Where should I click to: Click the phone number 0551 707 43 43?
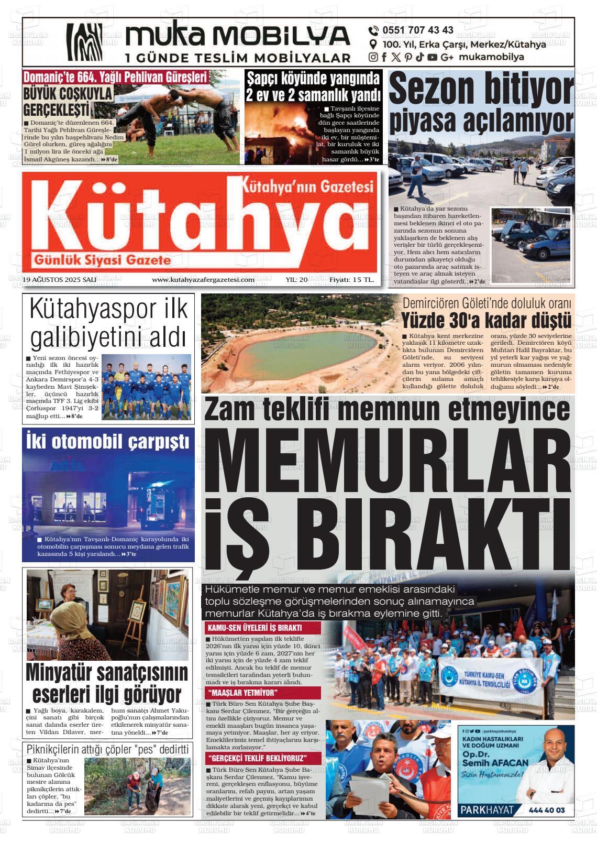click(417, 30)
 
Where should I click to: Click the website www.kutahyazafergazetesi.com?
click(203, 280)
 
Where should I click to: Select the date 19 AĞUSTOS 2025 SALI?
click(60, 280)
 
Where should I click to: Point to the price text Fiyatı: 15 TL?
click(351, 280)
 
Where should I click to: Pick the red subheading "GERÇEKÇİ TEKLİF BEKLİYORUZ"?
click(257, 758)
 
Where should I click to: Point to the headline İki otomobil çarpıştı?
click(108, 441)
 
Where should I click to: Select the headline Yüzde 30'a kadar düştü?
click(486, 320)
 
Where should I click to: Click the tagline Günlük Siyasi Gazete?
click(102, 259)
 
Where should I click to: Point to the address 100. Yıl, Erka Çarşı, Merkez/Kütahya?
click(464, 45)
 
